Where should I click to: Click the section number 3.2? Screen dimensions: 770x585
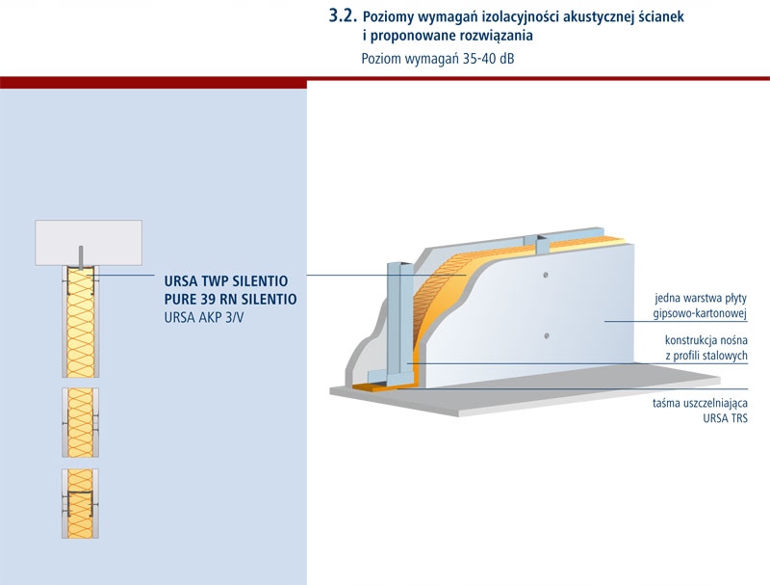click(343, 15)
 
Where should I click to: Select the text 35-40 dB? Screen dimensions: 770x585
click(489, 59)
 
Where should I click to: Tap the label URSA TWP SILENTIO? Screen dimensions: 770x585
click(226, 281)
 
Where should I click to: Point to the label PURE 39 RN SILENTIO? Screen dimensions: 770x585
click(230, 299)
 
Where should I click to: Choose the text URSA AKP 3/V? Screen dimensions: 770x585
click(204, 318)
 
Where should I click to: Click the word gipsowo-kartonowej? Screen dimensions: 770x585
click(700, 313)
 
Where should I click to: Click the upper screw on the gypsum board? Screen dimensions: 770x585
click(546, 276)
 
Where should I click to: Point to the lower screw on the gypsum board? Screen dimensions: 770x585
click(547, 336)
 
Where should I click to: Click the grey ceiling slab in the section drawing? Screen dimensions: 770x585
click(89, 243)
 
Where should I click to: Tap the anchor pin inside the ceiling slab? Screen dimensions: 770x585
click(81, 256)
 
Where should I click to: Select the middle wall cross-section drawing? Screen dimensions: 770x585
click(80, 422)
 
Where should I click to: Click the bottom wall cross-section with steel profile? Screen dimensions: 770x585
click(80, 503)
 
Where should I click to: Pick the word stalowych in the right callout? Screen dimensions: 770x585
click(725, 356)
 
